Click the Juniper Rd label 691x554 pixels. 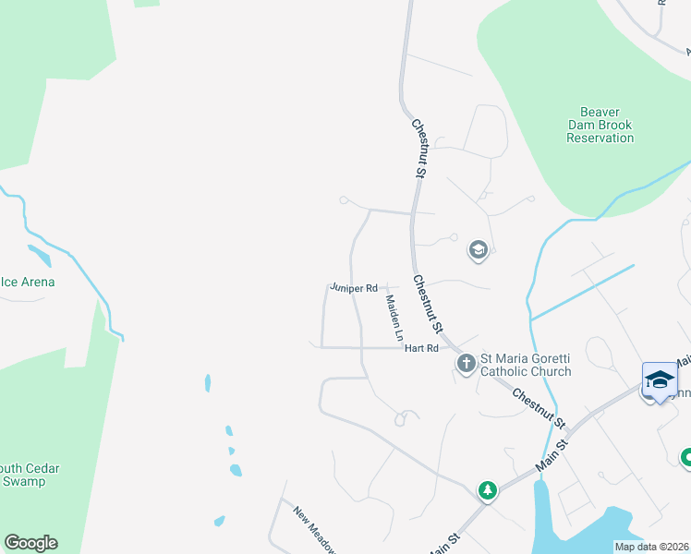click(355, 288)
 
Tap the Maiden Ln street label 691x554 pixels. click(394, 316)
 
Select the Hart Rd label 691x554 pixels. click(421, 348)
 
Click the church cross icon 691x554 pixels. click(467, 364)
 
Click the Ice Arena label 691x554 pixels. click(28, 282)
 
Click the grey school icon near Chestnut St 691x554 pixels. click(478, 250)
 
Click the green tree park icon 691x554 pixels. click(487, 490)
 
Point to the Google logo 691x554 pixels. click(30, 543)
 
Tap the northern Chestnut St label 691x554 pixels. click(420, 147)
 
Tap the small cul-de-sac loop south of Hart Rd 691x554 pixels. click(402, 418)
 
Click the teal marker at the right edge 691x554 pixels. click(685, 457)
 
